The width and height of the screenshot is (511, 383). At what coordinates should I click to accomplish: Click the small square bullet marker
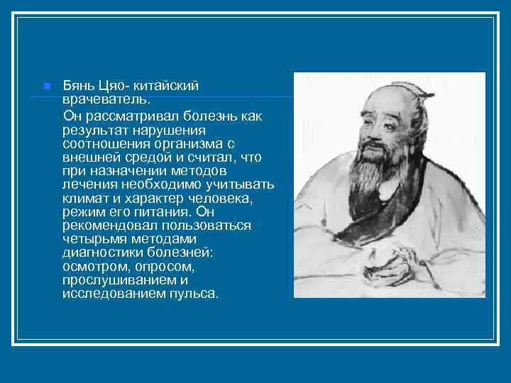coord(47,86)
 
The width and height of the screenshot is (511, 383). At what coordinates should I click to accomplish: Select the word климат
coord(85,199)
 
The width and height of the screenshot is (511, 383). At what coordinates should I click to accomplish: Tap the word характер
coord(150,199)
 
